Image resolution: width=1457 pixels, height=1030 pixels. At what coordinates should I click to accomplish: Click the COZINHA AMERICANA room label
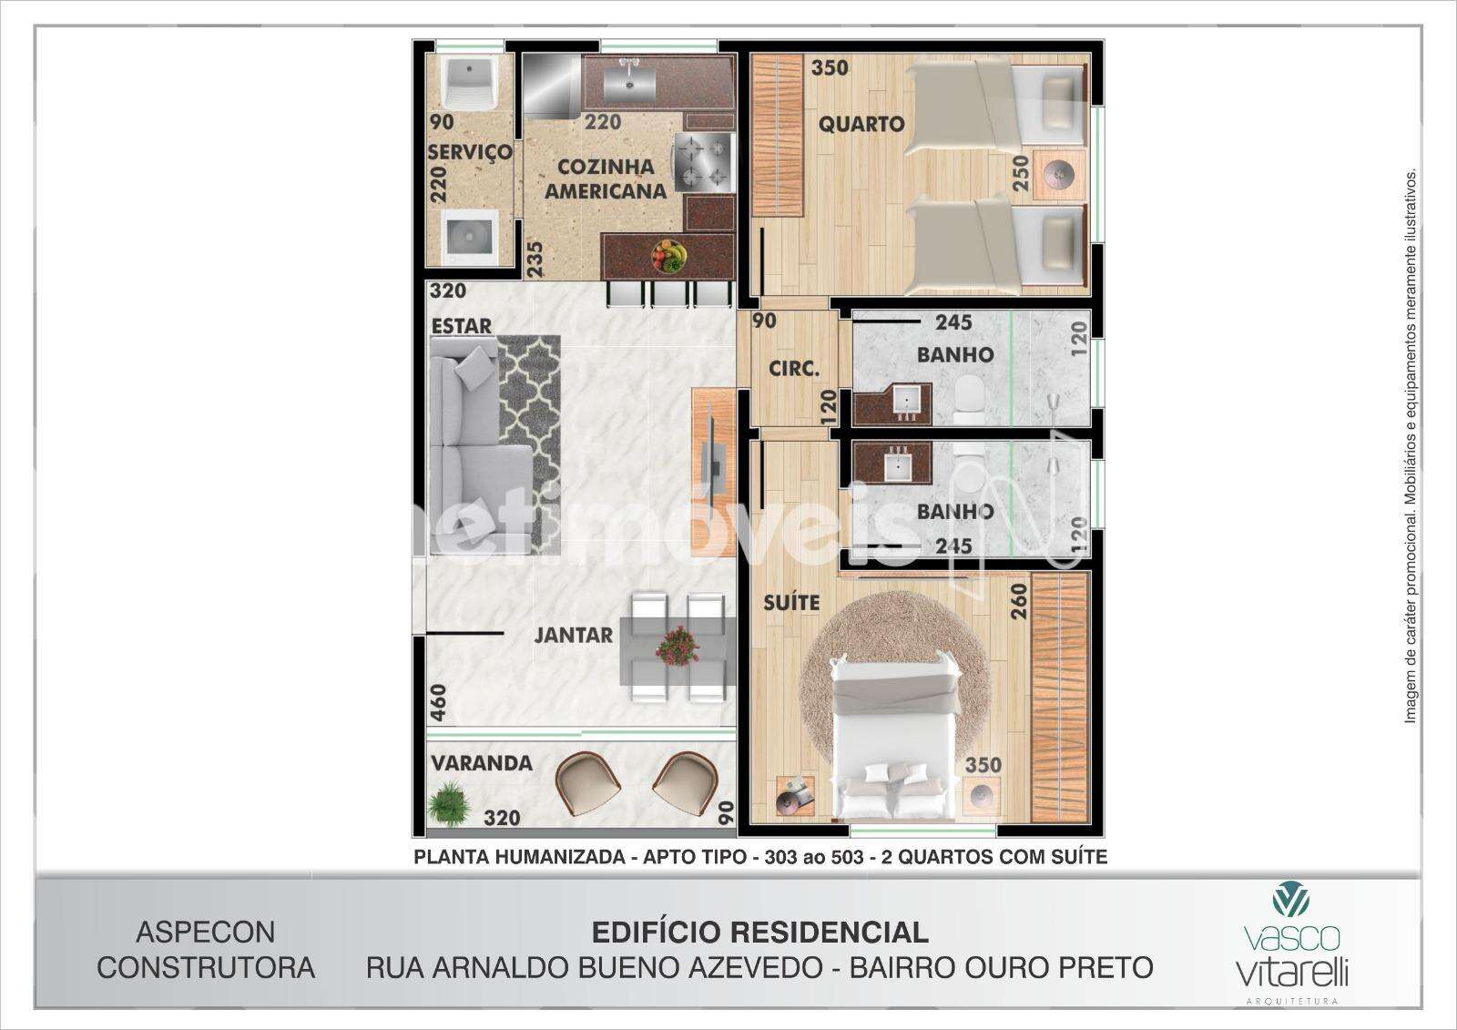coord(606,178)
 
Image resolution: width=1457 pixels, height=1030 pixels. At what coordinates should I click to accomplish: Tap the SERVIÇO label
coord(470,151)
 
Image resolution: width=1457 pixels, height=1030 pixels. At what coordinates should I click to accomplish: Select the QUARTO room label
coord(861,124)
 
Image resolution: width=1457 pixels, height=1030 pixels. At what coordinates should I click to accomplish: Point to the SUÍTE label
coord(791,603)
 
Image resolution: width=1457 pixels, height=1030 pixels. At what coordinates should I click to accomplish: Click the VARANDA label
coord(482,762)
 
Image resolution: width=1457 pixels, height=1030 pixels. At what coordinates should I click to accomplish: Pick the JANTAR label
coord(573,635)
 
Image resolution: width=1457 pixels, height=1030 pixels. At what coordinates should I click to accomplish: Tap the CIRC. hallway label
coord(794,370)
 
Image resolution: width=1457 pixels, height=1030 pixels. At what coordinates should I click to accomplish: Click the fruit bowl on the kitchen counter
coord(668,256)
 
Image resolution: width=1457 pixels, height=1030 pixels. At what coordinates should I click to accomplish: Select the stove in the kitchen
coord(705,162)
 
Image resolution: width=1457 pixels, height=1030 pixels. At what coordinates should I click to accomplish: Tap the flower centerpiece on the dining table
coord(678,646)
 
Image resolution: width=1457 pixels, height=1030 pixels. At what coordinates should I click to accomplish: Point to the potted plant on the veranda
coord(449,802)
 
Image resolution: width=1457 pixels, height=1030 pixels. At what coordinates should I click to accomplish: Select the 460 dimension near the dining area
coord(439,703)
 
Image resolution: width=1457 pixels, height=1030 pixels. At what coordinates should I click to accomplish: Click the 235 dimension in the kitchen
coord(535,260)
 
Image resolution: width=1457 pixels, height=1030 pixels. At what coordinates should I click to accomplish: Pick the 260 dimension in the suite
coord(1019,601)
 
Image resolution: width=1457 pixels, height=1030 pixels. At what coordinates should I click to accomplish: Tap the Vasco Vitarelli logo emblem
coord(1291,899)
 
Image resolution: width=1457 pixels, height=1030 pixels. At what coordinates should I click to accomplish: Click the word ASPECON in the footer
coord(206,933)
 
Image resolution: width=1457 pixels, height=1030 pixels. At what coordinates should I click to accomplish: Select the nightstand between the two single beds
coord(1060,175)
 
